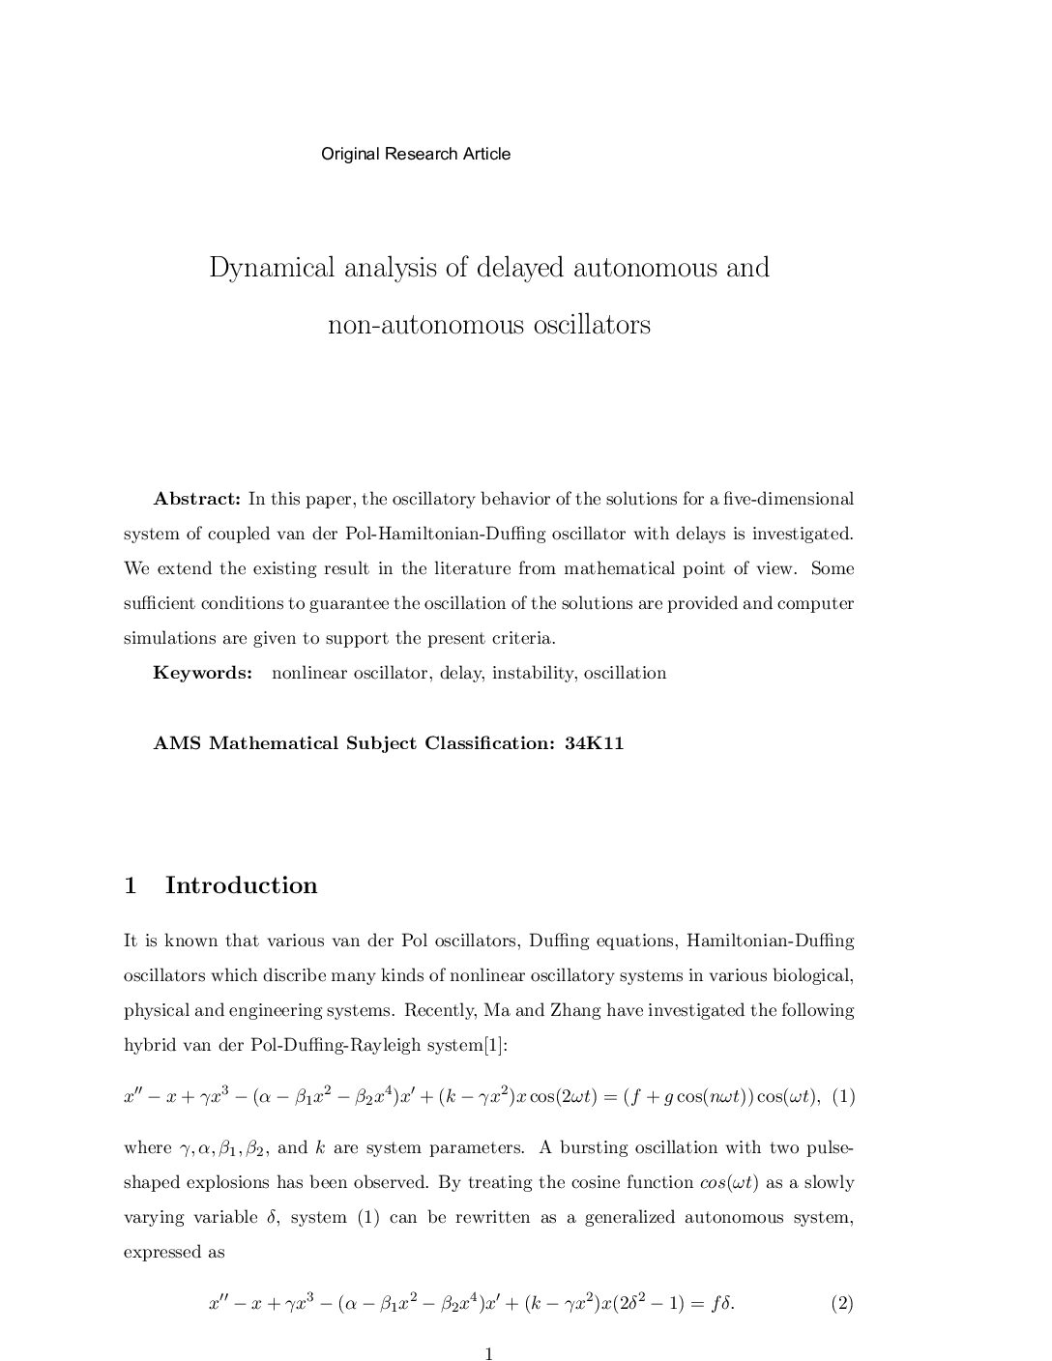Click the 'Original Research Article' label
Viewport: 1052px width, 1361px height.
(416, 154)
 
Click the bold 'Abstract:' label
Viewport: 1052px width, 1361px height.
(196, 499)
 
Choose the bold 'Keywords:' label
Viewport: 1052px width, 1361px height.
(202, 673)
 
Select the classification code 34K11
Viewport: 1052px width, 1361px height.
(594, 743)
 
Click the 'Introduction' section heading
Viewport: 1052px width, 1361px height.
(241, 885)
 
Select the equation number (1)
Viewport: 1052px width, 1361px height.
(843, 1096)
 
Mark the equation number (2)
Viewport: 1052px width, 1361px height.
(841, 1303)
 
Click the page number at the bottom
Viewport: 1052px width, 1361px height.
(489, 1353)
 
